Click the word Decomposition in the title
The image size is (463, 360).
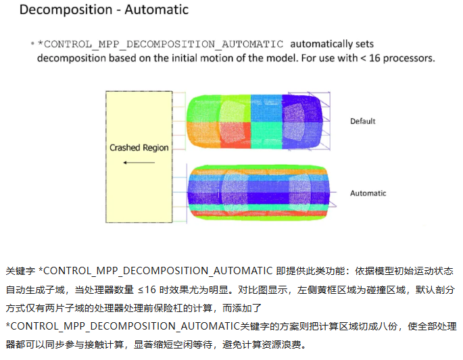click(x=66, y=10)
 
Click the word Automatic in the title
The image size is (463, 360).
click(x=157, y=9)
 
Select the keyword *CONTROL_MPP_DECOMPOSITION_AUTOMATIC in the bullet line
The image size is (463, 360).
click(x=161, y=45)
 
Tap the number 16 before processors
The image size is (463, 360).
click(x=374, y=58)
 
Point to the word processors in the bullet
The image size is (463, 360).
click(x=409, y=59)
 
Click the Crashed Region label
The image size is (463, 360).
click(x=139, y=147)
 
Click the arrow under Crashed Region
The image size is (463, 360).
click(x=139, y=163)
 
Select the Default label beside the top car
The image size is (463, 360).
click(x=362, y=121)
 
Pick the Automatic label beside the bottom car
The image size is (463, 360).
click(x=368, y=193)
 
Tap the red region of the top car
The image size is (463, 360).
click(x=235, y=135)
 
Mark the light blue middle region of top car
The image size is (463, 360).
click(x=266, y=108)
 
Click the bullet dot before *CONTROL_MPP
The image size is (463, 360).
click(x=32, y=44)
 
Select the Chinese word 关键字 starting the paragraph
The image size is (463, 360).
click(x=20, y=271)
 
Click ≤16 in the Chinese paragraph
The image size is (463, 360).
click(x=147, y=290)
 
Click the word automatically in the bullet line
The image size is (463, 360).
click(x=321, y=45)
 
